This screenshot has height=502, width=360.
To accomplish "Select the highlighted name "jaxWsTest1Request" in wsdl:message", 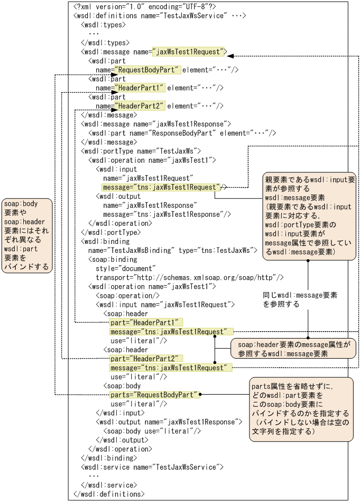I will (x=189, y=52).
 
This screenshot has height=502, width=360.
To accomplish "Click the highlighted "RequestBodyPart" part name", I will (x=147, y=70).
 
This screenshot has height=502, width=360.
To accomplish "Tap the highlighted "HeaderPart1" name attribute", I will (x=140, y=88).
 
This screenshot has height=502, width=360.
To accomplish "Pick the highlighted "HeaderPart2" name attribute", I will (x=140, y=106).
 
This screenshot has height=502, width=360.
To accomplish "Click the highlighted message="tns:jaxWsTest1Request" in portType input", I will (x=161, y=187).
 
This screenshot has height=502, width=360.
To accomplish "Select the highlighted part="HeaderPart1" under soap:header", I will (x=145, y=322).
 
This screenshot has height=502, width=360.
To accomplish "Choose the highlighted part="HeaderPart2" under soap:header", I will (x=145, y=358).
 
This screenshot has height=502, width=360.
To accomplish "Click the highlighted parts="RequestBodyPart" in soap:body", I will (x=154, y=395).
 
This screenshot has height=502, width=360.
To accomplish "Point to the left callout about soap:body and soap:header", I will (x=27, y=235).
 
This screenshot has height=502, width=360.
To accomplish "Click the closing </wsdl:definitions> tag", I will (x=108, y=494).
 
